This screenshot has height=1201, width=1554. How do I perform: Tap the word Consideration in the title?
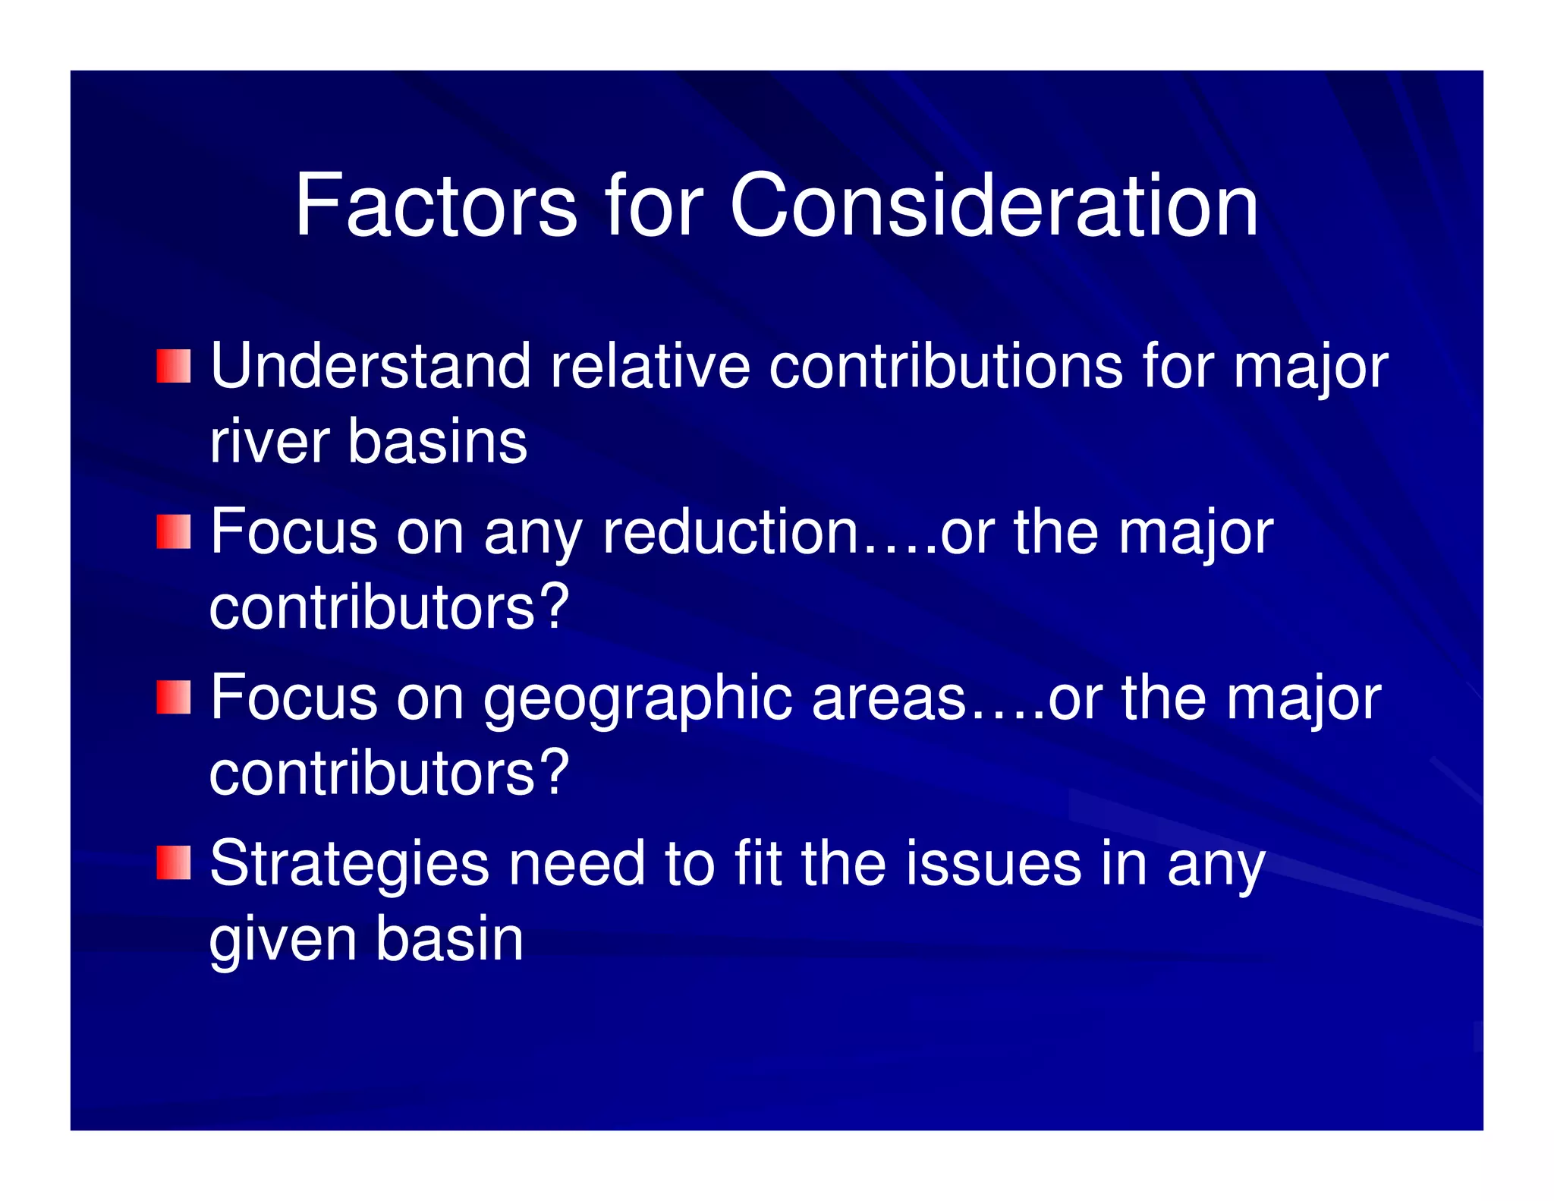(x=994, y=205)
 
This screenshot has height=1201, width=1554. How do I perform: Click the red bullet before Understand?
(x=174, y=367)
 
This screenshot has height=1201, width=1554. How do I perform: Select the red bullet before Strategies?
(x=174, y=863)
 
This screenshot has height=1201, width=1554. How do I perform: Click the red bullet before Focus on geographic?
(x=174, y=698)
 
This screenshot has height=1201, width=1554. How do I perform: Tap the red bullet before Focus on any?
(x=174, y=531)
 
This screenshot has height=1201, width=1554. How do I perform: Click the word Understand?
(x=370, y=367)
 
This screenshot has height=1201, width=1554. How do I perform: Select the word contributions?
(x=945, y=367)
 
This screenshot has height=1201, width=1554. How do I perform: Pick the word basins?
(x=437, y=442)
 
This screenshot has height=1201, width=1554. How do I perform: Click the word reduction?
(x=731, y=531)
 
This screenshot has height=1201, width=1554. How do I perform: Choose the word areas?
(x=889, y=698)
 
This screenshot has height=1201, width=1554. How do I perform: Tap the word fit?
(x=758, y=863)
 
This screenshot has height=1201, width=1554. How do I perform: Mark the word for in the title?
(x=654, y=205)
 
